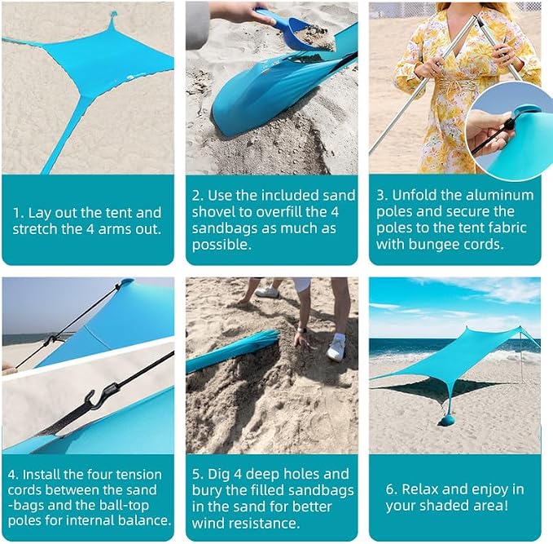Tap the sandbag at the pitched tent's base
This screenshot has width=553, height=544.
coord(448,421)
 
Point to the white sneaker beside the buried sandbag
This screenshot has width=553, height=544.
coord(336,347)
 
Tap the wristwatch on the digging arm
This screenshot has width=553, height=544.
coord(301,330)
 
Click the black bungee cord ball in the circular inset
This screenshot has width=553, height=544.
coord(508,124)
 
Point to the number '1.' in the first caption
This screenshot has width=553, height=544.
coord(18,213)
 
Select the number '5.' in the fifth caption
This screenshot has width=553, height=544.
coord(197,474)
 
